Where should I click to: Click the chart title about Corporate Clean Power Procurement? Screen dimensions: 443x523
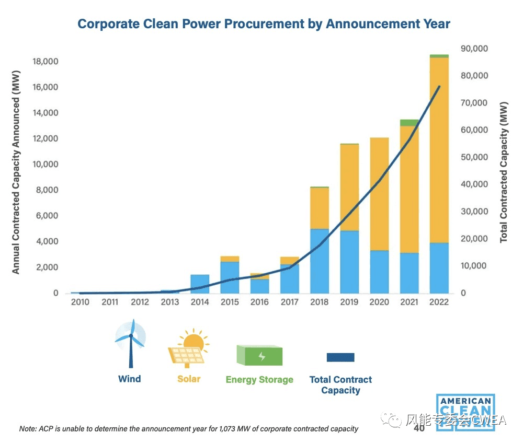264,24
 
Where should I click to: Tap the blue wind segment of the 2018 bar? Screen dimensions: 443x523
320,261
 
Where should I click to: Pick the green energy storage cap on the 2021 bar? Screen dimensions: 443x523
410,123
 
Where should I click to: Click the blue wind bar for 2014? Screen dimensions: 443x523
200,284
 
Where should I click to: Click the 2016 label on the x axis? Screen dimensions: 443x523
259,302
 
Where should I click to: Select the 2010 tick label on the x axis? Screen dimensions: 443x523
80,302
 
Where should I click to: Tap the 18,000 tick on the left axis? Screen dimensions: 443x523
46,62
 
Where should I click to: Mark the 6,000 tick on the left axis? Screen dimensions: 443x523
48,216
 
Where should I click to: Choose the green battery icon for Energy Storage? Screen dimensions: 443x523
259,356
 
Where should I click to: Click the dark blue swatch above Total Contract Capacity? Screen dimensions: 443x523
340,357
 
